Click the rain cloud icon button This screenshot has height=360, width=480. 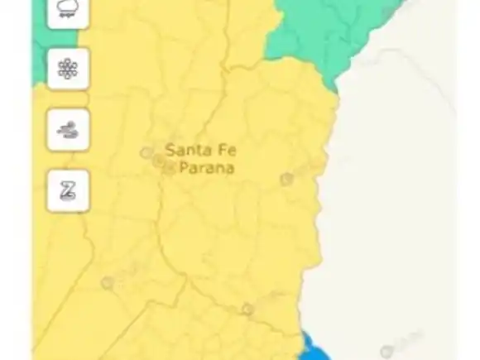[x=68, y=11]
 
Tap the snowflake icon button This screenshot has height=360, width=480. [x=68, y=69]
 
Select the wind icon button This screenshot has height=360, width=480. [x=68, y=130]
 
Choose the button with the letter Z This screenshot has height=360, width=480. [x=68, y=190]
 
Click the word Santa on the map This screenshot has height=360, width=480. [x=185, y=151]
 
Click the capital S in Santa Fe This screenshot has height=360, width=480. [x=170, y=151]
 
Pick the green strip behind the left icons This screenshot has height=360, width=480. [x=39, y=50]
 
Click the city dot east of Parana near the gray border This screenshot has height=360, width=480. [x=286, y=179]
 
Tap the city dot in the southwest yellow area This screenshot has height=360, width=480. [x=108, y=283]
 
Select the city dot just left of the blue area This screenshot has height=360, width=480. [x=247, y=310]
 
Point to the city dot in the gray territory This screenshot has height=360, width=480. [x=386, y=352]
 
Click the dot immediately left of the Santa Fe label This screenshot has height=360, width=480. [x=146, y=153]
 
